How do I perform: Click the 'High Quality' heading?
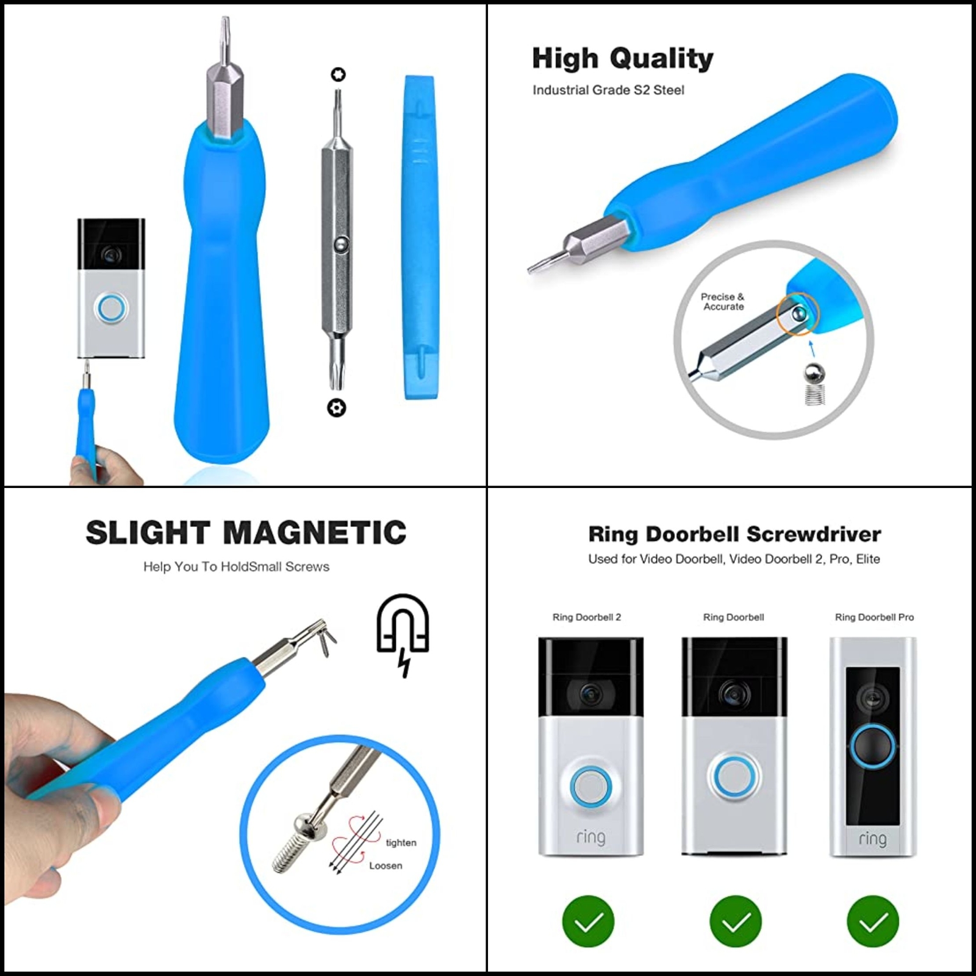(x=622, y=59)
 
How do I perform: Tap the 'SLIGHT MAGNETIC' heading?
(x=246, y=533)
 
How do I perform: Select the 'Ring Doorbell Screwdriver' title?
(x=734, y=534)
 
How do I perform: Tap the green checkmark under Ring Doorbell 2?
(x=588, y=921)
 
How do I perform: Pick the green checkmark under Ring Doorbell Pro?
(x=873, y=921)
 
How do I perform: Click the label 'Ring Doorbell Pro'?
(x=874, y=617)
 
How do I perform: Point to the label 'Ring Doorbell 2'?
(x=587, y=617)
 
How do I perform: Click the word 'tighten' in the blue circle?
(x=401, y=842)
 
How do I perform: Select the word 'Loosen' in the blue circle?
(x=386, y=866)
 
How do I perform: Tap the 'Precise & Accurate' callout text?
(x=723, y=301)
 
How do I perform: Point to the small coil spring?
(x=812, y=395)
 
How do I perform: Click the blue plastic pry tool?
(x=420, y=238)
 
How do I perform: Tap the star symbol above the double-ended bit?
(x=338, y=74)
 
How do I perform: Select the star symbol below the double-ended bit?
(x=337, y=407)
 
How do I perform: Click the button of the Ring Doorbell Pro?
(x=873, y=747)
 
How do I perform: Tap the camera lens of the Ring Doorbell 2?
(x=590, y=692)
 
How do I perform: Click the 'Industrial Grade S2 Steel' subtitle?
(x=608, y=90)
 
